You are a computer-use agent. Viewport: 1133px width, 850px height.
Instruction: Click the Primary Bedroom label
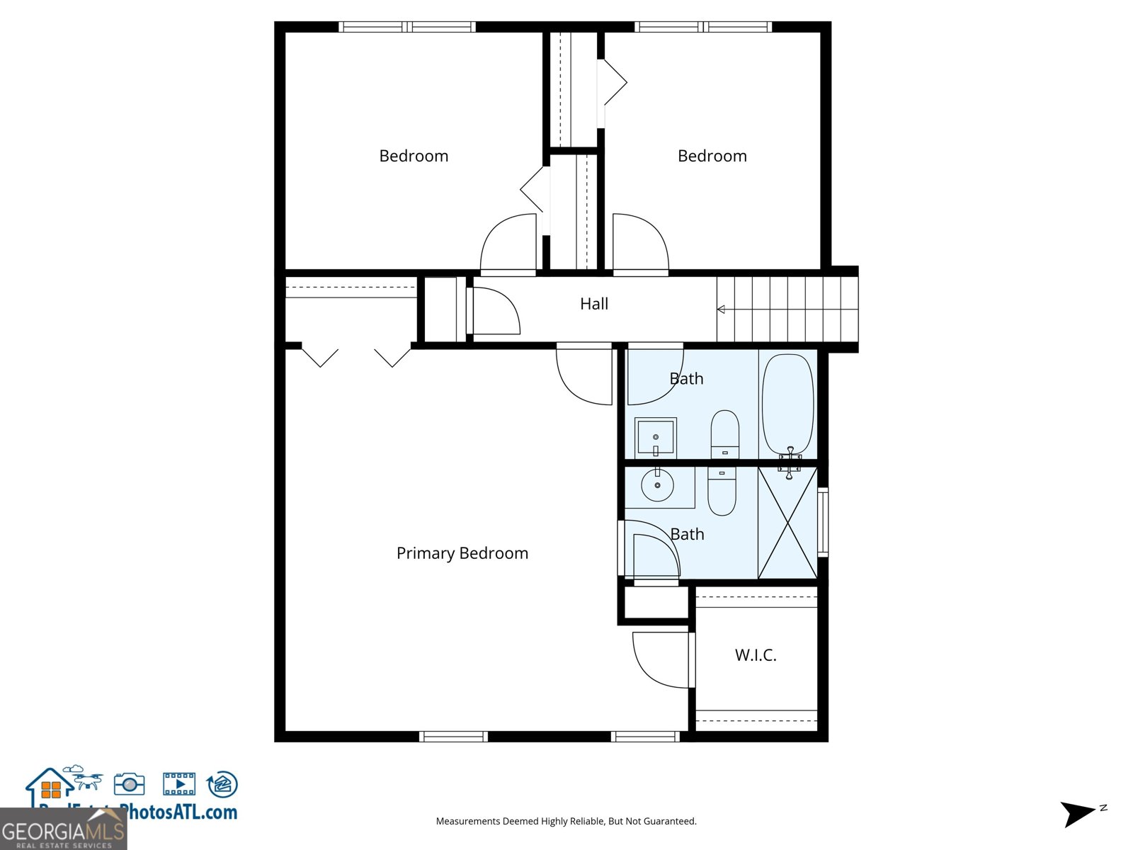click(x=462, y=553)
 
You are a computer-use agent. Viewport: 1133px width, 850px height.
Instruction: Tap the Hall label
click(x=593, y=304)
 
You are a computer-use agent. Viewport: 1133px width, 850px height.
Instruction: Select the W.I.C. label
click(x=755, y=655)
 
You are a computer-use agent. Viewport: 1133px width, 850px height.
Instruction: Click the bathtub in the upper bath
click(x=787, y=404)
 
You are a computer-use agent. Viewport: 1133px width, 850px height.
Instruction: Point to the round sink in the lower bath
click(x=658, y=485)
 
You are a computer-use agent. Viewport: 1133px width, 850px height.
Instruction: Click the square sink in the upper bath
click(x=655, y=438)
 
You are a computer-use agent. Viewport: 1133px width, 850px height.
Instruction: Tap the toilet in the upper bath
click(x=724, y=433)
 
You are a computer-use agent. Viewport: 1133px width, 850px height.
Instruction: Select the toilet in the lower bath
click(x=722, y=490)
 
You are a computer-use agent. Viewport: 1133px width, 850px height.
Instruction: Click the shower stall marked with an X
click(x=787, y=523)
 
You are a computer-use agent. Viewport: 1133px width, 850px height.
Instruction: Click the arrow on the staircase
click(x=721, y=310)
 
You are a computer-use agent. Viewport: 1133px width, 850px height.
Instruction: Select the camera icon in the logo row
click(x=129, y=784)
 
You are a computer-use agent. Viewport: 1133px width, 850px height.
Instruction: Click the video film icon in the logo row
click(x=179, y=784)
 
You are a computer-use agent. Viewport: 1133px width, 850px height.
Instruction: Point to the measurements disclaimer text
click(x=566, y=822)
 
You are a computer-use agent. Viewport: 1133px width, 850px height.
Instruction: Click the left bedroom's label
click(x=414, y=156)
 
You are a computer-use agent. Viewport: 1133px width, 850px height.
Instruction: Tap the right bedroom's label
click(x=712, y=156)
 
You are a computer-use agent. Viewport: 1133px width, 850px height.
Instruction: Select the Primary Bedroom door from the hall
click(x=585, y=375)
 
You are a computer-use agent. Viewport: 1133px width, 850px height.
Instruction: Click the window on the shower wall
click(x=823, y=521)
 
